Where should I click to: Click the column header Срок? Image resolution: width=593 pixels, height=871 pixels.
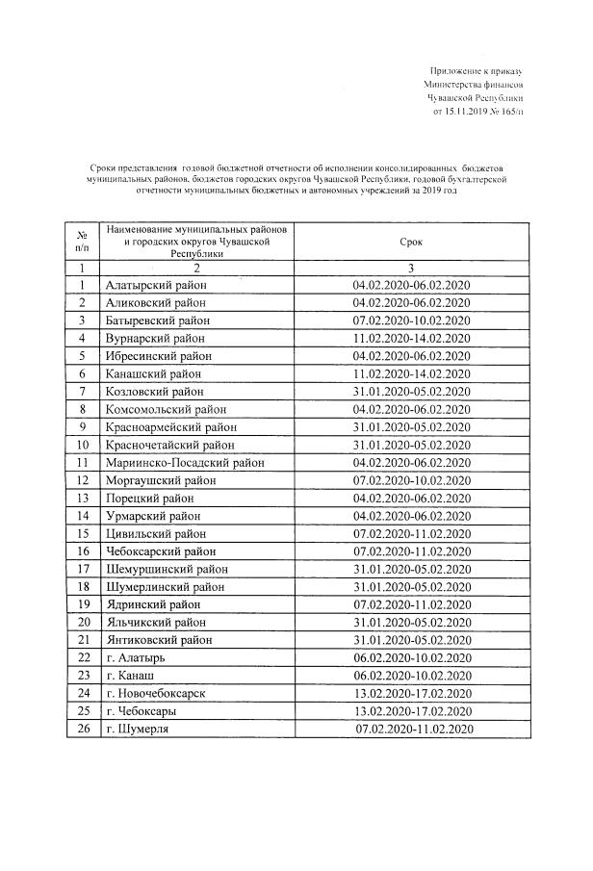click(x=411, y=244)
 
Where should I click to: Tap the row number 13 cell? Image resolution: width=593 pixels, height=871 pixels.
click(x=84, y=498)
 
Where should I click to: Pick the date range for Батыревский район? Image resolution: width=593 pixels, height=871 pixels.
click(x=411, y=320)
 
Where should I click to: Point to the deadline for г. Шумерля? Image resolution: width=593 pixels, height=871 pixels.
click(x=416, y=729)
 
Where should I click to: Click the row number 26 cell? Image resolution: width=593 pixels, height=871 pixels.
click(x=84, y=729)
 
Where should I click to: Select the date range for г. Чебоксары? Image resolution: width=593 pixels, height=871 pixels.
click(x=411, y=710)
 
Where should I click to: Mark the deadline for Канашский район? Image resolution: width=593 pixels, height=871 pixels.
click(x=411, y=373)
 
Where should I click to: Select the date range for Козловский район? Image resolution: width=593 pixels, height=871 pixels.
click(x=411, y=392)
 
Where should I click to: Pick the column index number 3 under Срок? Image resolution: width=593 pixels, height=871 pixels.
click(x=411, y=268)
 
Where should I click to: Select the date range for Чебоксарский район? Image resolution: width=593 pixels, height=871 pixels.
click(x=411, y=551)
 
